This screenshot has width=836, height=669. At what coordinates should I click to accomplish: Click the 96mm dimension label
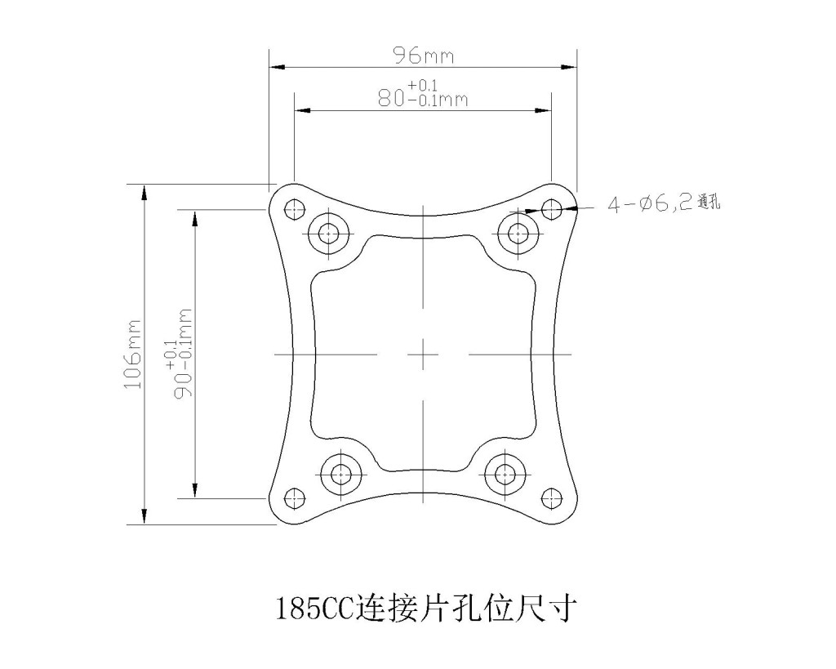(424, 56)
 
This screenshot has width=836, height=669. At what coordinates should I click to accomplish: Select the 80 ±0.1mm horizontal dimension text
(423, 94)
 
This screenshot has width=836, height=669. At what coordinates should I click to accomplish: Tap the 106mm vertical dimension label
(133, 355)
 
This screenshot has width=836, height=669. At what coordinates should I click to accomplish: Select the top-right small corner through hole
(551, 208)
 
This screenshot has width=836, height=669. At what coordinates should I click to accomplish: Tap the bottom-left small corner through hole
(295, 498)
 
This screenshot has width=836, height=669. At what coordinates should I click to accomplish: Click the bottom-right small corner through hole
(551, 498)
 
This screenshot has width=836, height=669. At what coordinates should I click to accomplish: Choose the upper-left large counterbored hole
(330, 233)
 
